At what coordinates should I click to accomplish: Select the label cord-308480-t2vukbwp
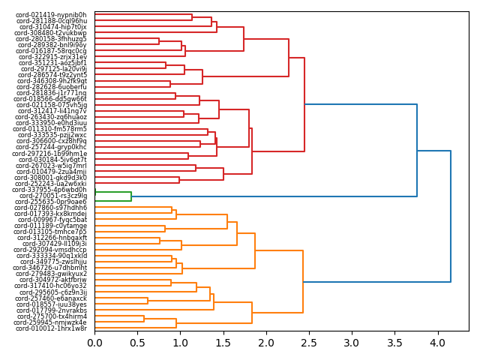[x=51, y=33]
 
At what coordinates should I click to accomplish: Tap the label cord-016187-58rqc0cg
[x=51, y=51]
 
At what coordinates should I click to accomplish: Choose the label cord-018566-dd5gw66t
[x=50, y=99]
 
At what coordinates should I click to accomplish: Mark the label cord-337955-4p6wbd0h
[x=50, y=190]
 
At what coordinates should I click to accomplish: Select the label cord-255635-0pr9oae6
[x=51, y=202]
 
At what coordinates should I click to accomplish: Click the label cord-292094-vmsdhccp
[x=50, y=250]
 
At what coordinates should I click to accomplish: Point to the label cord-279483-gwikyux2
[x=52, y=274]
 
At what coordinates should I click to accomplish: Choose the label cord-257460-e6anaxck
[x=52, y=298]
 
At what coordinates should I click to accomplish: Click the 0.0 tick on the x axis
[x=94, y=343]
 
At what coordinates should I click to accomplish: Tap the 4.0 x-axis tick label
[x=436, y=343]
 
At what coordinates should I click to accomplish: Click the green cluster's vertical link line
[x=131, y=196]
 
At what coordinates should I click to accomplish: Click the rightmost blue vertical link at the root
[x=451, y=217]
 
